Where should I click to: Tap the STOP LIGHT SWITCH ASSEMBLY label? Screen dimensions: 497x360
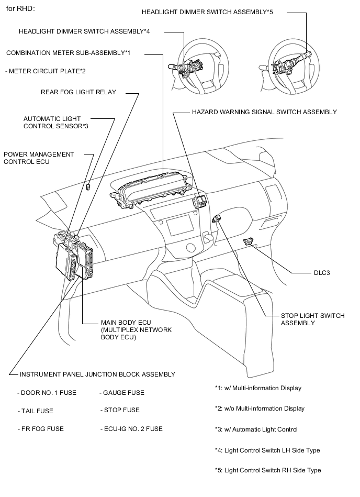(312, 319)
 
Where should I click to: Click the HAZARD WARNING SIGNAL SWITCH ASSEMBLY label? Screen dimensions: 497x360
(264, 112)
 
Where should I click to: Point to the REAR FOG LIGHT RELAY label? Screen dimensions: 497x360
(78, 92)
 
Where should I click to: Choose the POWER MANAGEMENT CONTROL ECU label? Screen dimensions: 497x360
(39, 158)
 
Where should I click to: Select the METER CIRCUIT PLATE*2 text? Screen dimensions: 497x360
(44, 71)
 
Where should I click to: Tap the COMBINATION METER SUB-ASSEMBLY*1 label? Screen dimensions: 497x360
(68, 53)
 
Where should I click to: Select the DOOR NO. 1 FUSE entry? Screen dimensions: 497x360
(47, 393)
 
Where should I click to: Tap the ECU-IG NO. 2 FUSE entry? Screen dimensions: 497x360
(131, 429)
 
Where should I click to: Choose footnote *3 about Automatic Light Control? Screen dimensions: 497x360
(256, 429)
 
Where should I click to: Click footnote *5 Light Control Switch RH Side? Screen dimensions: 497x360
(268, 470)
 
